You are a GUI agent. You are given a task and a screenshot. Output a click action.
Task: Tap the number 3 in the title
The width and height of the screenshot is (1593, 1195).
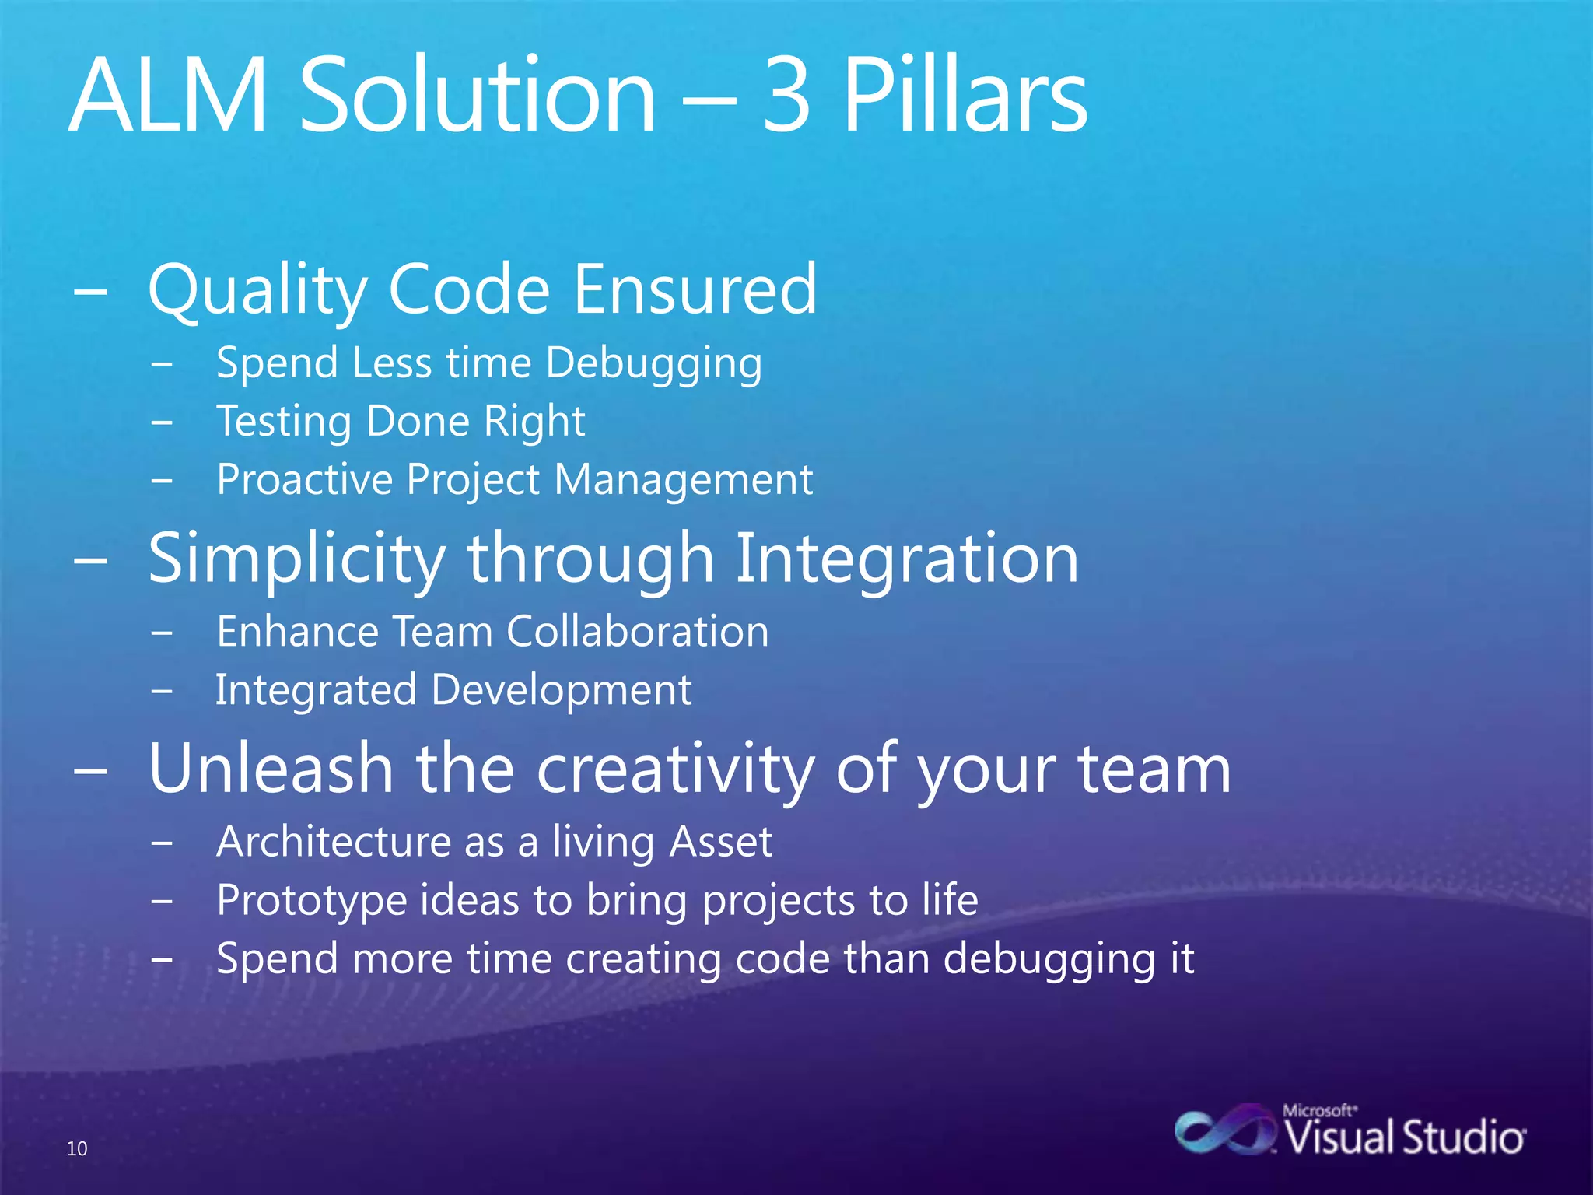[787, 96]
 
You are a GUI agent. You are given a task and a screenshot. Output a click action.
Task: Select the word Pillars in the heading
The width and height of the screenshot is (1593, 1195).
[965, 96]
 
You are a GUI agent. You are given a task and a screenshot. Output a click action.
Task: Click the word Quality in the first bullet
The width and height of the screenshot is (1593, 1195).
[257, 289]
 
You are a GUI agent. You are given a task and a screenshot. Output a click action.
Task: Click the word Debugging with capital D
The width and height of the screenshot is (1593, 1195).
[653, 363]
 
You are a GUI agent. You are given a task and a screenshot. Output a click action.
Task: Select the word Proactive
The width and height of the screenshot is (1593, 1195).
[303, 479]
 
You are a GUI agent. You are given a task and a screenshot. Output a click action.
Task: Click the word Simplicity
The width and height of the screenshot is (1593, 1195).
[296, 559]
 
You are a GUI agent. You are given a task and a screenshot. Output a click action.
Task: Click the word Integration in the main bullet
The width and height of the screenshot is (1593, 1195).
[906, 559]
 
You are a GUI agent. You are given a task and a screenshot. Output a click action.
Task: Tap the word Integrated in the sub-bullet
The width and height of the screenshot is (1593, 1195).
[316, 690]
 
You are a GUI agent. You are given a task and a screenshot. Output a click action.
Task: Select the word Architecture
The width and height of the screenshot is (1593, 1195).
[333, 842]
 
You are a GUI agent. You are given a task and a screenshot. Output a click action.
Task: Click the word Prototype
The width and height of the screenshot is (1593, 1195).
[311, 900]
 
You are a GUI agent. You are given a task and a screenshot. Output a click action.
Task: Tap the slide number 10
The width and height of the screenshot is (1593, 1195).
[77, 1148]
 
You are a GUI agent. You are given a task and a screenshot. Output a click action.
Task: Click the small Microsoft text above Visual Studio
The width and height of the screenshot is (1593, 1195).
[1319, 1111]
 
